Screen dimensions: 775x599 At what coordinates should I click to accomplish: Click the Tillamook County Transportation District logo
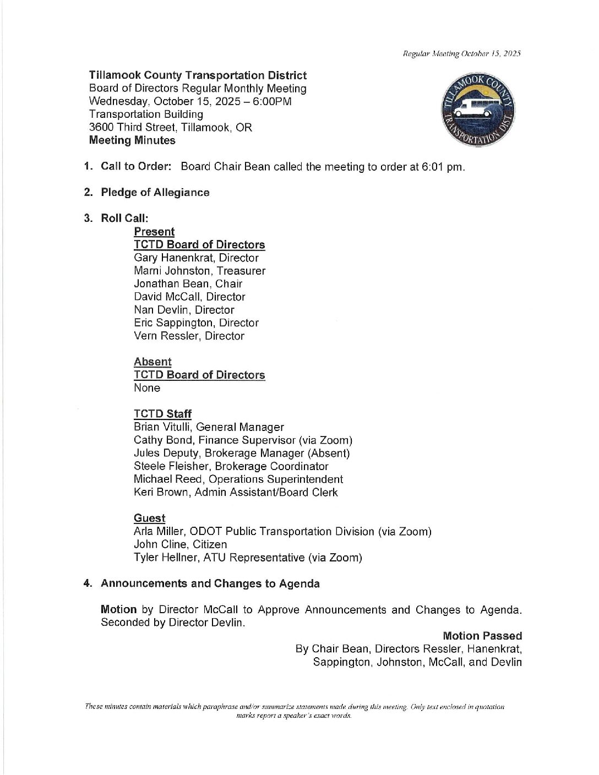(478, 110)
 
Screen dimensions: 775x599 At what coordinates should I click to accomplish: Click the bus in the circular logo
(477, 109)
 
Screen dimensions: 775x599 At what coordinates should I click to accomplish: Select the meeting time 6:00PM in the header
(272, 101)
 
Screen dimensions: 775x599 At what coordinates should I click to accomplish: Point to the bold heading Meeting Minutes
(132, 140)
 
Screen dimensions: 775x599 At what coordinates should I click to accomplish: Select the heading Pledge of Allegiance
(155, 192)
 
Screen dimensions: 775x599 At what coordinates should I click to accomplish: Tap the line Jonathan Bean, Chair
(188, 283)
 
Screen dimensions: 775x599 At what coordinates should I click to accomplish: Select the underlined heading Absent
(153, 362)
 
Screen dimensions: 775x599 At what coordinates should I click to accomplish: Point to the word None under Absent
(147, 387)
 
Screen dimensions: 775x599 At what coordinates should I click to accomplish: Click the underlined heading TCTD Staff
(162, 414)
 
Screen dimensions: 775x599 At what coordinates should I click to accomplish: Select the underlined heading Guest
(149, 518)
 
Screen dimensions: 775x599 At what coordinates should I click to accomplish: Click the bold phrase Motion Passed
(482, 636)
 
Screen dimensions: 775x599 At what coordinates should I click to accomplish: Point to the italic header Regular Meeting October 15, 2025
(461, 53)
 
